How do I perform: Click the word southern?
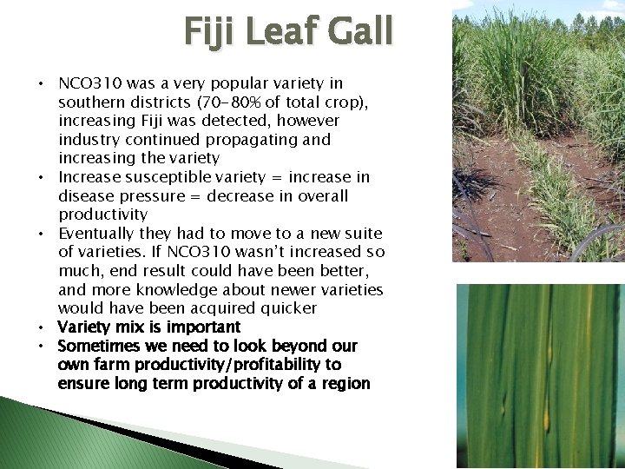coord(91,102)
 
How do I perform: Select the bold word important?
coord(202,327)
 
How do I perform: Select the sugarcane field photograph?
coord(538,130)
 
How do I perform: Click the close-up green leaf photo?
coord(540,375)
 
